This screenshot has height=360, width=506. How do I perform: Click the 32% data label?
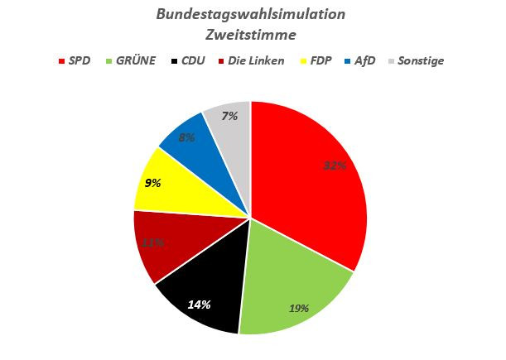[335, 165]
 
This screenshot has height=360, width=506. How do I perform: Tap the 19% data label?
[299, 308]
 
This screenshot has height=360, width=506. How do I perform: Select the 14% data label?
[199, 304]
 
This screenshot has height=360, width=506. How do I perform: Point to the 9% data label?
[152, 184]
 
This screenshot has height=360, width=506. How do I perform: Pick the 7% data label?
[229, 116]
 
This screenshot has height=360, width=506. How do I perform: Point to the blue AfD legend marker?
[346, 60]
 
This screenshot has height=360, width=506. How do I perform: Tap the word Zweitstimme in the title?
[251, 35]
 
